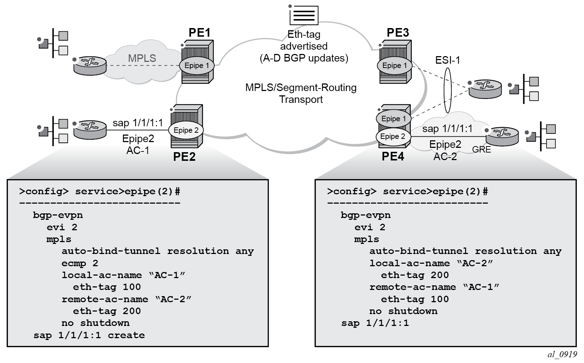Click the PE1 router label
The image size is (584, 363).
coord(199,33)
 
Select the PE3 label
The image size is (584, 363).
coord(398,33)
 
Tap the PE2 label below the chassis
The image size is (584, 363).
coord(184,157)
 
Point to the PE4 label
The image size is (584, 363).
coord(393,157)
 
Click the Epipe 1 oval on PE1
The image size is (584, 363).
coord(196,65)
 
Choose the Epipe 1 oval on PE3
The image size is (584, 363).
coord(394,65)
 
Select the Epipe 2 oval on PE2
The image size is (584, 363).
coord(186,130)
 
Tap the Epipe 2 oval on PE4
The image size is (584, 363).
coord(393,136)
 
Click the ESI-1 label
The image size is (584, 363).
coord(447,60)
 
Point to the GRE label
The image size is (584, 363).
coord(481,149)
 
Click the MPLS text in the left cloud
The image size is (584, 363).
coord(142,58)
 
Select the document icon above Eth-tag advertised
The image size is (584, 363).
coord(304,15)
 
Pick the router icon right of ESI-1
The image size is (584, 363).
coord(485,88)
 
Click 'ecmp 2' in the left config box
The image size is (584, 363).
coord(79,263)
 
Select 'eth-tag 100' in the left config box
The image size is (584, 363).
coord(107,287)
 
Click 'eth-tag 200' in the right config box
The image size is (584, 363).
coord(415,275)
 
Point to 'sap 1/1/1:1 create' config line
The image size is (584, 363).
coord(89,335)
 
